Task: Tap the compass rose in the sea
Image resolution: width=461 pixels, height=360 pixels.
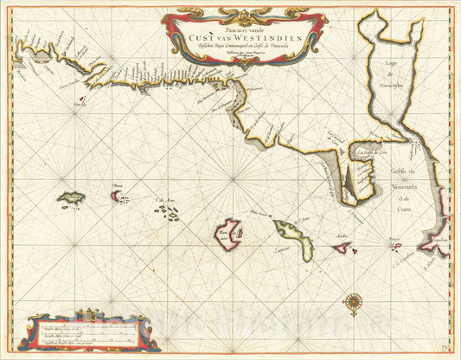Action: point(353,302)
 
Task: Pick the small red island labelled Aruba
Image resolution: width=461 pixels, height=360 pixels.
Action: point(343,248)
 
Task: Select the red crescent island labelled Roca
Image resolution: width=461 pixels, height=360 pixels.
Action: point(117,196)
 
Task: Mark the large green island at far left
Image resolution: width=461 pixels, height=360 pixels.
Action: point(72,199)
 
